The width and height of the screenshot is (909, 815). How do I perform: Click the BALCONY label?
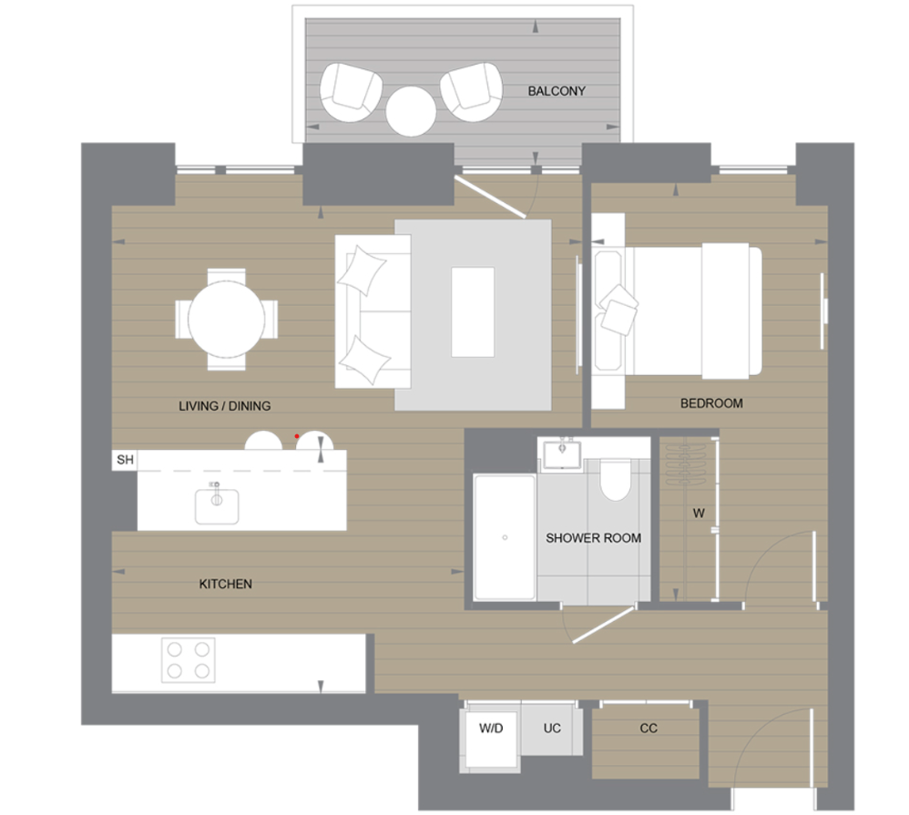click(556, 91)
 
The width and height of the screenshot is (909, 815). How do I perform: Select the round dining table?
click(226, 319)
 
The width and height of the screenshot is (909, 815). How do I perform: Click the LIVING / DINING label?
click(225, 406)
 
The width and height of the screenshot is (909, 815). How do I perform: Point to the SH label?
click(125, 460)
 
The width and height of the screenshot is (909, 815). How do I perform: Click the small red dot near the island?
click(297, 437)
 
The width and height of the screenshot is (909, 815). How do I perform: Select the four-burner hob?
click(188, 659)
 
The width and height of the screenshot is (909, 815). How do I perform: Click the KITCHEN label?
click(225, 584)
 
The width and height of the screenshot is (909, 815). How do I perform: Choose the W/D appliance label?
click(491, 728)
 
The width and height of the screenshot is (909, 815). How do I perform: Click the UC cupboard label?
click(552, 728)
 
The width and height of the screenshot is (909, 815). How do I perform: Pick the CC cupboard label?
click(649, 728)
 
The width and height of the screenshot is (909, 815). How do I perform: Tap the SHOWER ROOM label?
click(593, 538)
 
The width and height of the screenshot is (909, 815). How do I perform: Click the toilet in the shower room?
click(616, 479)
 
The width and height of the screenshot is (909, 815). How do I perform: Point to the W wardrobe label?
click(699, 514)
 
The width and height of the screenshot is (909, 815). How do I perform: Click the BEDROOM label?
click(711, 403)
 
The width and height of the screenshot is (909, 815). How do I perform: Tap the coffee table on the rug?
click(473, 312)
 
